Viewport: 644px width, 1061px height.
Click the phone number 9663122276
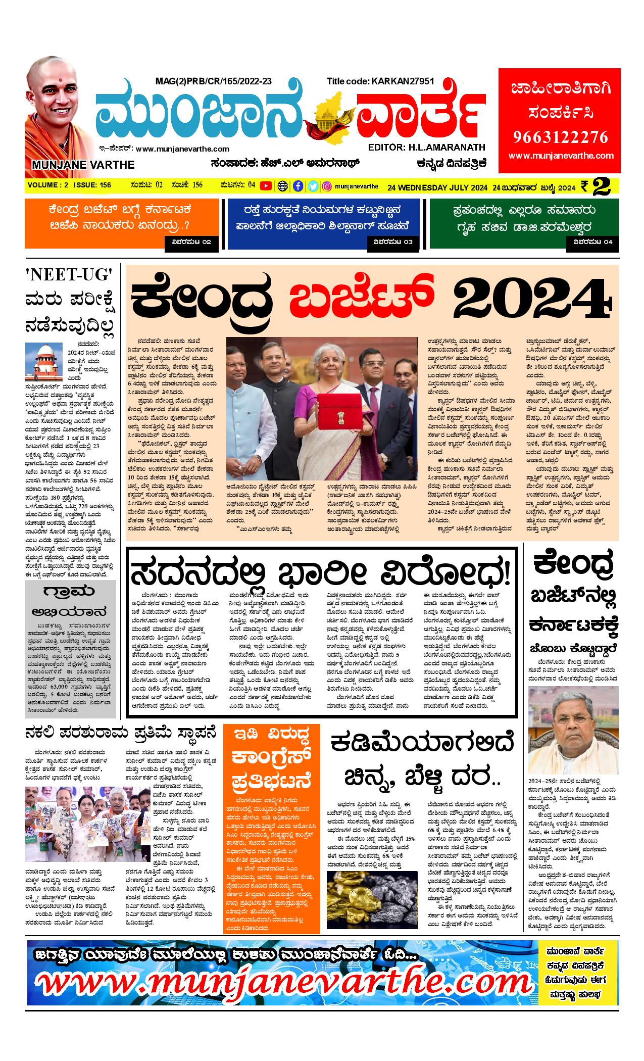(561, 137)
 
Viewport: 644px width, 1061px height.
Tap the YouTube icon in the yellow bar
(265, 186)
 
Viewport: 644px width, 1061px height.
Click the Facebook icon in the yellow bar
(299, 186)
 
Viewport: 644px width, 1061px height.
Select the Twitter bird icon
(313, 186)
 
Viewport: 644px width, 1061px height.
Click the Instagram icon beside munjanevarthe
(327, 186)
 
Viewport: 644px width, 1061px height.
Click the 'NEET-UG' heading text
(69, 276)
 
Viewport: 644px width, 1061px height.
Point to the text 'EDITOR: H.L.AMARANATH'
(427, 147)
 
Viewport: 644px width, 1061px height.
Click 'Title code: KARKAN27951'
(380, 81)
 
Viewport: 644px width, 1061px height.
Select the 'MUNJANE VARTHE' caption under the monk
(83, 165)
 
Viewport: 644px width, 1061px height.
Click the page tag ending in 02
(192, 243)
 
